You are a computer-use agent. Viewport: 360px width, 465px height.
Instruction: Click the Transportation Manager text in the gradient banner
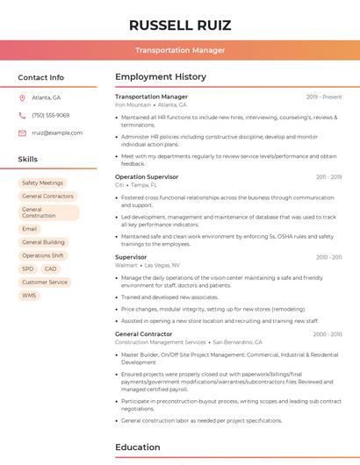tap(179, 50)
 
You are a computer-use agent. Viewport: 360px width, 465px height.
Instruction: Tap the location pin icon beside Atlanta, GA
tap(22, 97)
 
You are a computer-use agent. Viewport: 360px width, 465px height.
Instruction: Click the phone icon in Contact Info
tap(22, 115)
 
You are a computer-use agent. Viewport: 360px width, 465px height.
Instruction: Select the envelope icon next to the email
tap(22, 133)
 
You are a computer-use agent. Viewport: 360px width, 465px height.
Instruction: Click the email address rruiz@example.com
tap(57, 133)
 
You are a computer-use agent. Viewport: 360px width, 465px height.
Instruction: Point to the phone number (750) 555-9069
tap(50, 115)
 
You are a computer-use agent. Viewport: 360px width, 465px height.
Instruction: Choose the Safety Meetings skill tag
tap(42, 182)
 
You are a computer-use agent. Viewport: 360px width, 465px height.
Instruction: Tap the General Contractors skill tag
tap(47, 197)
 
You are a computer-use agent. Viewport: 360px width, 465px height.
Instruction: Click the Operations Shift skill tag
tap(43, 255)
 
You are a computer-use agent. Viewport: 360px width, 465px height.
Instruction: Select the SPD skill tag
tap(27, 268)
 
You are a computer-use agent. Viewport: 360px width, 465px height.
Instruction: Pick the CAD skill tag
tap(50, 268)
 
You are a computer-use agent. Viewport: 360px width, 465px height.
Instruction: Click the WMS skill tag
tap(29, 296)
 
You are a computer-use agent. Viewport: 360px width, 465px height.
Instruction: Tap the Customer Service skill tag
tap(45, 283)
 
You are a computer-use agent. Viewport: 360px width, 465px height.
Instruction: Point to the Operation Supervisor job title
tap(147, 176)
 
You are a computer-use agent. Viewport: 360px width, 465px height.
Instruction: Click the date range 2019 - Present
tap(324, 97)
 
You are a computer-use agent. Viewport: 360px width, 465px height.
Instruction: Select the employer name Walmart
tap(126, 265)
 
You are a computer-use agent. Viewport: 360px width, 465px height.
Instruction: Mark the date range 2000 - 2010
tap(328, 334)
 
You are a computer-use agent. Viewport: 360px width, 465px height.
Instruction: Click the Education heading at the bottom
tap(137, 447)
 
